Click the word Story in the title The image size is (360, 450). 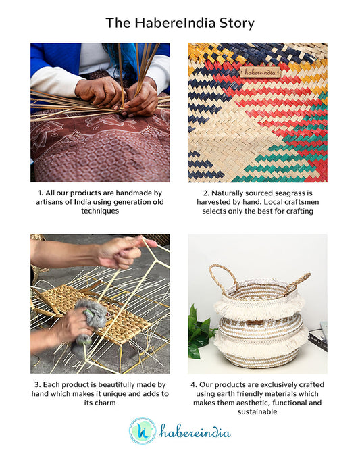tap(237, 23)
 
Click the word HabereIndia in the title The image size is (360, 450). tap(175, 23)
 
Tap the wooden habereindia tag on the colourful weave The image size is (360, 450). tap(260, 72)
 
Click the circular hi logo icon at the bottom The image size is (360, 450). tap(143, 430)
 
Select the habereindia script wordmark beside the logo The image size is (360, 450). tap(195, 431)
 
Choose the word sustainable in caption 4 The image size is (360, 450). tap(257, 411)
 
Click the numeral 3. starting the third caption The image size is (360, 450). tap(38, 384)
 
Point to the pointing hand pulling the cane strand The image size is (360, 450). tap(126, 251)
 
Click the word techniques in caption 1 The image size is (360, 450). tap(100, 211)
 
